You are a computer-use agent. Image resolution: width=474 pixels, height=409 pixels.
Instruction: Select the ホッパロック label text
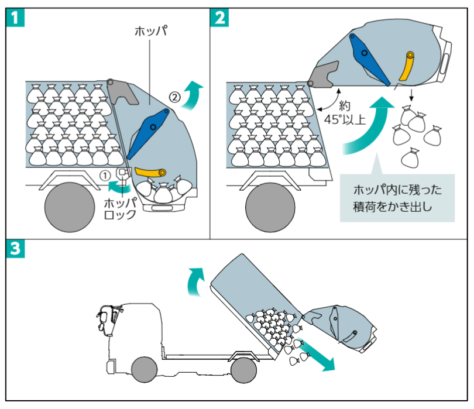[x=120, y=209]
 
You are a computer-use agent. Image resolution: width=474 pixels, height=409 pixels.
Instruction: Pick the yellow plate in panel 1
[x=150, y=171]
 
